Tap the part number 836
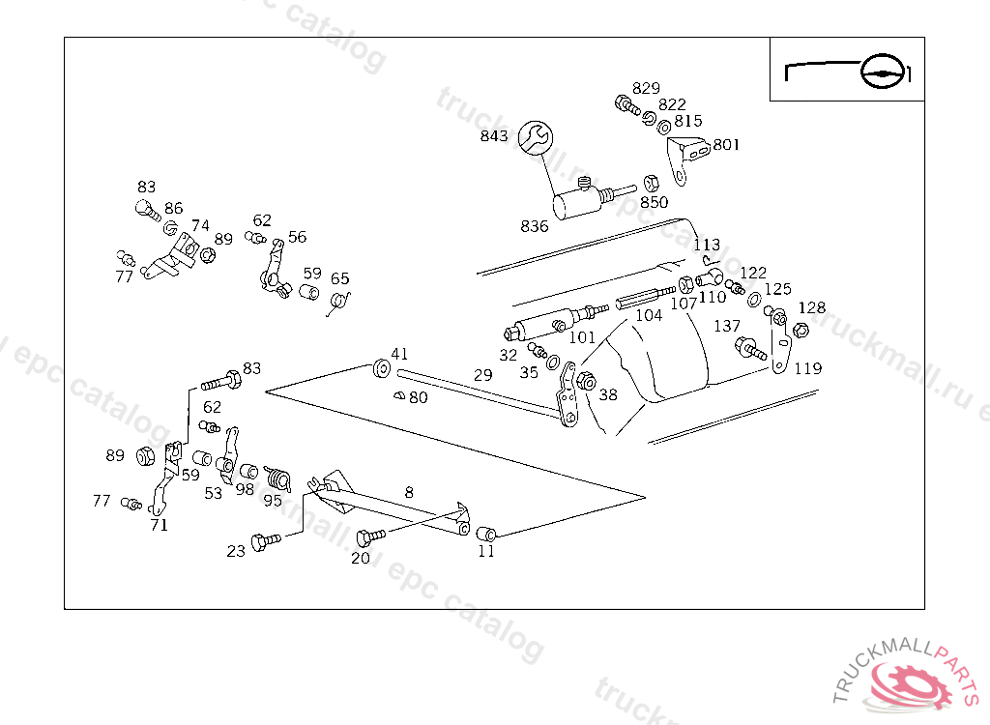pyautogui.click(x=535, y=226)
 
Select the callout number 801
pyautogui.click(x=726, y=145)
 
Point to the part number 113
pyautogui.click(x=707, y=245)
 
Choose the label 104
pyautogui.click(x=649, y=315)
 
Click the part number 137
pyautogui.click(x=727, y=326)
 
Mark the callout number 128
pyautogui.click(x=812, y=307)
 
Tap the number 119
pyautogui.click(x=807, y=368)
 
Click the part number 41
pyautogui.click(x=399, y=353)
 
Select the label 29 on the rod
pyautogui.click(x=483, y=375)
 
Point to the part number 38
pyautogui.click(x=608, y=394)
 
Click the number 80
pyautogui.click(x=418, y=396)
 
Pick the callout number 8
pyautogui.click(x=409, y=492)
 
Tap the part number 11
pyautogui.click(x=486, y=552)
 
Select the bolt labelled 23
pyautogui.click(x=264, y=541)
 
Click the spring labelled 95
pyautogui.click(x=277, y=477)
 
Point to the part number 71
pyautogui.click(x=159, y=525)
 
